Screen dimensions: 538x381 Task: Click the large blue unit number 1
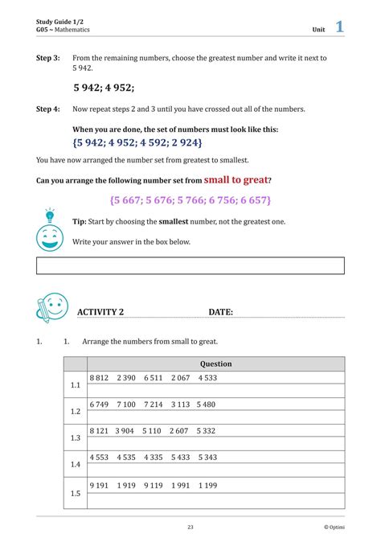point(339,27)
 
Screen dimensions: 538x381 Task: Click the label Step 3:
point(48,59)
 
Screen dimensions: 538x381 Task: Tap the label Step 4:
point(48,109)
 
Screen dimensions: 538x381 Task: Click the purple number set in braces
point(190,199)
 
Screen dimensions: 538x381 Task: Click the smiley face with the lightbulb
point(50,230)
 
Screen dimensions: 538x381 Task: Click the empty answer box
point(190,265)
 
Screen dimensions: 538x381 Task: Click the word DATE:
point(221,312)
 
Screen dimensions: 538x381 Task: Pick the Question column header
point(215,363)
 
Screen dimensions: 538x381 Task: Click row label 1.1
point(76,385)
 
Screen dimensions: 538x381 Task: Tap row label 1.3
point(76,437)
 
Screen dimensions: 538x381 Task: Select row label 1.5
point(76,492)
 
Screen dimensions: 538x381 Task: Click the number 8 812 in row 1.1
point(100,377)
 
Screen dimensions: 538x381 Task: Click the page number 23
point(190,527)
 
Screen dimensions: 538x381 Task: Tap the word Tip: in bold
point(80,222)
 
